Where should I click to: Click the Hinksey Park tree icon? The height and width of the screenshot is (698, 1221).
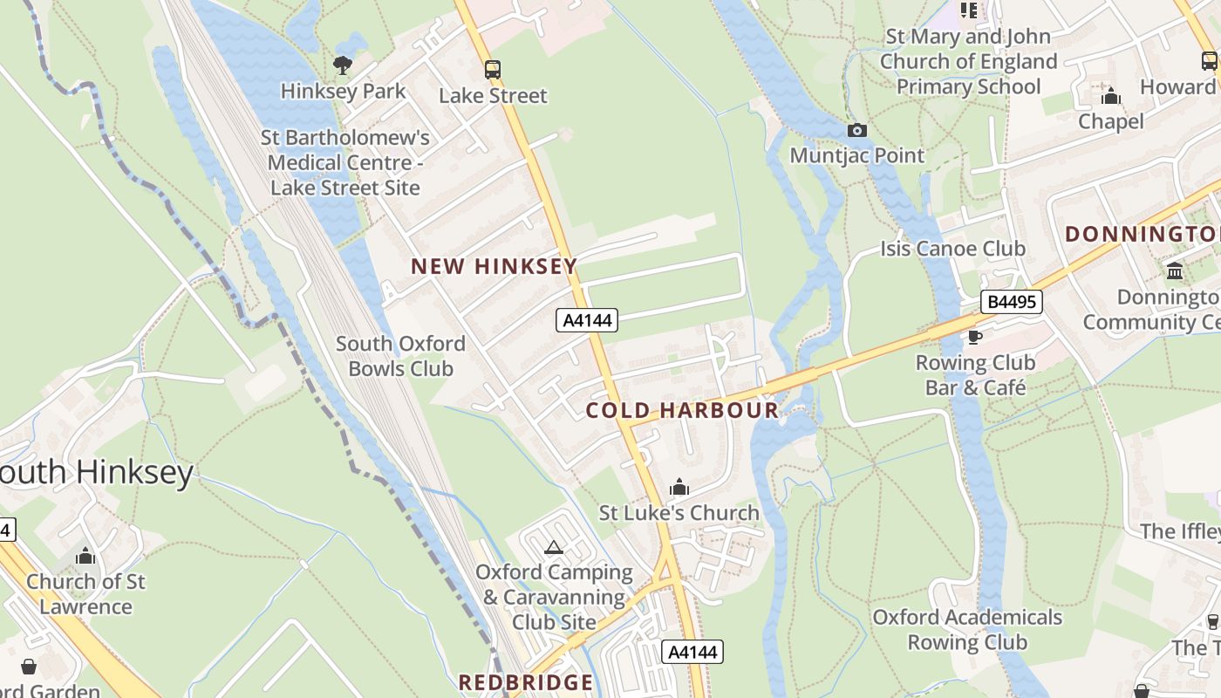[x=343, y=65]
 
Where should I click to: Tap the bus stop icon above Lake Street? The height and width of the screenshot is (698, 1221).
[x=493, y=70]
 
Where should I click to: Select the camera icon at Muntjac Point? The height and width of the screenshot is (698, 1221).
[x=857, y=130]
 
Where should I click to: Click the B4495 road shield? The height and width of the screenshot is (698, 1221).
[x=1012, y=302]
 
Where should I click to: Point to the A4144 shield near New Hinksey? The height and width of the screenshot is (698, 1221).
[x=587, y=320]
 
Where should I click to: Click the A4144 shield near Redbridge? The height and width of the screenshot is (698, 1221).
[x=692, y=652]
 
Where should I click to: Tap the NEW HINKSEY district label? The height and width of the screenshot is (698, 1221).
[x=494, y=266]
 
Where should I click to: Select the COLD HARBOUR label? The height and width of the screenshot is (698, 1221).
[x=682, y=410]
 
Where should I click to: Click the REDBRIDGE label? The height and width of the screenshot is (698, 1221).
[x=526, y=682]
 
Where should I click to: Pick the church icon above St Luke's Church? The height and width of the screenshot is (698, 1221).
[x=679, y=487]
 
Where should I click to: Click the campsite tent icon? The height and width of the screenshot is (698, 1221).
[x=553, y=548]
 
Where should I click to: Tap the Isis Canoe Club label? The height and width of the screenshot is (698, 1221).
[x=952, y=249]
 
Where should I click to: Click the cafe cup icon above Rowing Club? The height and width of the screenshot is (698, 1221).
[x=974, y=337]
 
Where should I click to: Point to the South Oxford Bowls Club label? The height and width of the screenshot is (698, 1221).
[x=400, y=356]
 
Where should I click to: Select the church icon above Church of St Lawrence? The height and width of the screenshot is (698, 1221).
[x=85, y=556]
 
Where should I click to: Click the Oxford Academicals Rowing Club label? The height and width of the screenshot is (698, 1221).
[x=967, y=629]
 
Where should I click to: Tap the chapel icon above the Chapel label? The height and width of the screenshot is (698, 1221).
[x=1111, y=95]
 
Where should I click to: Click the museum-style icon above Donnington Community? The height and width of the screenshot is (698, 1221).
[x=1175, y=270]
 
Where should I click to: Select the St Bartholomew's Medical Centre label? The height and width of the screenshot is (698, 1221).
[x=346, y=162]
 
